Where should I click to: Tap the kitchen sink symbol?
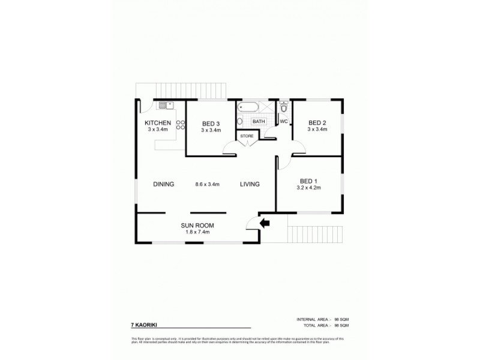[165, 106]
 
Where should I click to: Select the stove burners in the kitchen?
[180, 125]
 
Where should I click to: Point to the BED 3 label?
[210, 123]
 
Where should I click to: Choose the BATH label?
[259, 121]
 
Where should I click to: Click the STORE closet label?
[247, 137]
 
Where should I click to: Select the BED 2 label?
[317, 122]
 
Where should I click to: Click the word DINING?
[163, 184]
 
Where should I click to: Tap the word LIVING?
[250, 184]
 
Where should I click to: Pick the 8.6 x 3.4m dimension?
[208, 184]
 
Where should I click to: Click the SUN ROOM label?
[197, 226]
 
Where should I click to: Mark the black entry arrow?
[264, 223]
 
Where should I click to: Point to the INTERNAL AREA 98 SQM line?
[322, 319]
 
